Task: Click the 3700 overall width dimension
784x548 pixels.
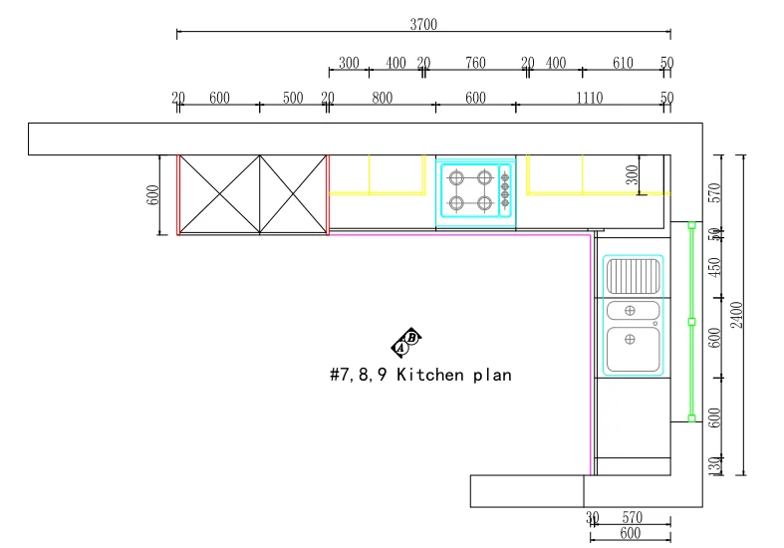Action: tap(423, 24)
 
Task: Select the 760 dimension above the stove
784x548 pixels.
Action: tap(475, 63)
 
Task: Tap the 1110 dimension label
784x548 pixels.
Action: tap(590, 98)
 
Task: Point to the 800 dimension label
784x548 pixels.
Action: tap(382, 98)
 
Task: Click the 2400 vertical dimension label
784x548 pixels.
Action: tap(737, 315)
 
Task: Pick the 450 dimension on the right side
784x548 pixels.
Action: tap(715, 267)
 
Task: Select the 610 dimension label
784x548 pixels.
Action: tap(623, 63)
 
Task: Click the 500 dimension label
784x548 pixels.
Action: tap(293, 98)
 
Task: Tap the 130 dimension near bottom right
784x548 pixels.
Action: tap(715, 465)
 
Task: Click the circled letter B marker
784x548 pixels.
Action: tap(412, 338)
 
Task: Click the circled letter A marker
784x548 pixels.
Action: tap(400, 347)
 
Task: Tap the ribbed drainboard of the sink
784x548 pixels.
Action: tap(633, 276)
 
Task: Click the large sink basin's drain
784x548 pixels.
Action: tap(630, 340)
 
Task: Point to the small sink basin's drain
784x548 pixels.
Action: tap(630, 311)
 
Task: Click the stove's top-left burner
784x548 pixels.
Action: tap(456, 177)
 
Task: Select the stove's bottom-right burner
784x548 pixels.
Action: tap(484, 203)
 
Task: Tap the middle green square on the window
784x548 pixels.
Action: tap(692, 322)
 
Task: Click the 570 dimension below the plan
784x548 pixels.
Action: tap(632, 517)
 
